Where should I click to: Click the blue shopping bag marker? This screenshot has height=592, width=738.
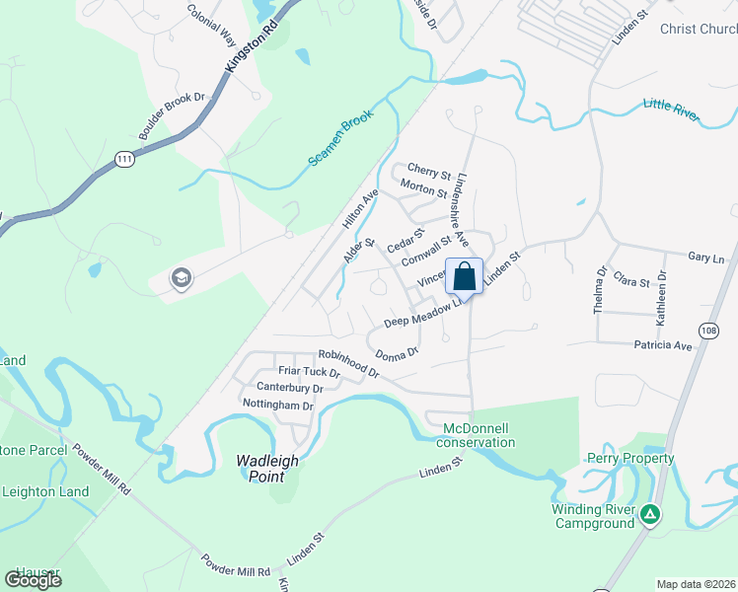464,277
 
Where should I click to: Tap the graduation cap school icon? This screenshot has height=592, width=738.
181,278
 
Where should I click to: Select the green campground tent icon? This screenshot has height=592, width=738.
649,514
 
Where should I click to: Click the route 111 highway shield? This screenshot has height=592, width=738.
123,159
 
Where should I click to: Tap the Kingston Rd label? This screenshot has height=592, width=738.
246,48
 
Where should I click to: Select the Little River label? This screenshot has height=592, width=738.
670,108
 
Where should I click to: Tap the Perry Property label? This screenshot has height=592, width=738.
629,458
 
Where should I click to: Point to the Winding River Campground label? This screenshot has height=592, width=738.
592,516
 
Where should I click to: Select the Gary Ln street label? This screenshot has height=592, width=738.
705,257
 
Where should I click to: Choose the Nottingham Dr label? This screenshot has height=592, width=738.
277,406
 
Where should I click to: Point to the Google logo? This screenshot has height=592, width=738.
34,580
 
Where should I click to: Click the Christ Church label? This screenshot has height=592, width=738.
698,29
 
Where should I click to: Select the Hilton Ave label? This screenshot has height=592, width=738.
360,210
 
